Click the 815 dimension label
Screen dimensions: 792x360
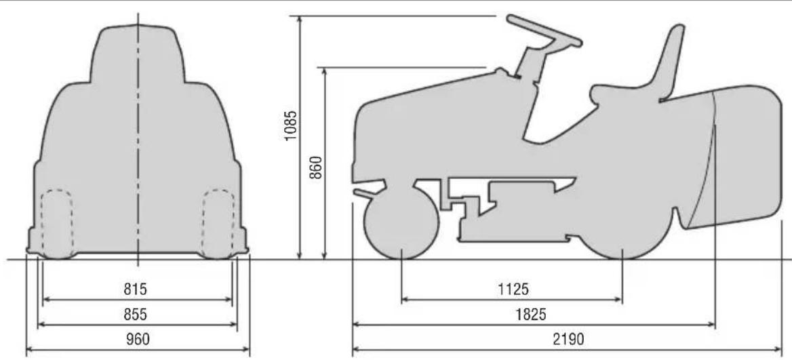tap(136, 289)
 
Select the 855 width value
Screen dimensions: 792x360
tap(136, 315)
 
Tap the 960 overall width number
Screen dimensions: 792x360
tap(138, 339)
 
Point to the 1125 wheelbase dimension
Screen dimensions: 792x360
tap(513, 289)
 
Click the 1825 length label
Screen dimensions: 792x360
tap(531, 315)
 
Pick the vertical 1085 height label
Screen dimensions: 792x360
tap(290, 125)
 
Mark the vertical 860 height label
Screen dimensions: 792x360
tap(316, 167)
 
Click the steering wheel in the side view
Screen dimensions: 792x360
tap(544, 31)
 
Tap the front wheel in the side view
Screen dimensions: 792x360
tap(401, 222)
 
